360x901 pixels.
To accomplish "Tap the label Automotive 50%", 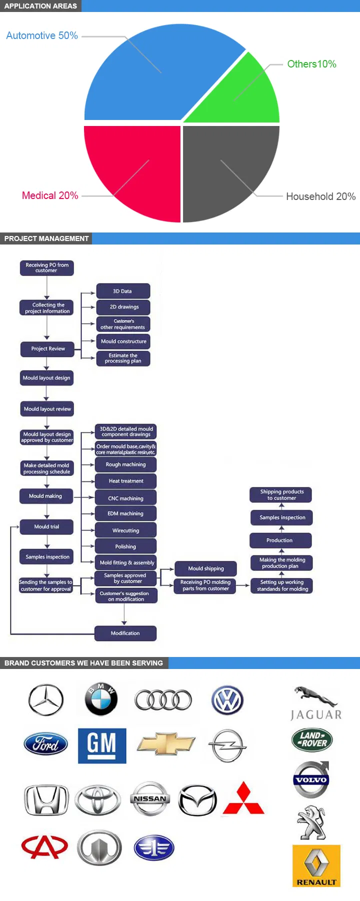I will pyautogui.click(x=42, y=35).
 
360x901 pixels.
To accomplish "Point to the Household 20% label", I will pyautogui.click(x=320, y=196).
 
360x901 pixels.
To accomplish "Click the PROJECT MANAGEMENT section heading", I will pyautogui.click(x=46, y=238).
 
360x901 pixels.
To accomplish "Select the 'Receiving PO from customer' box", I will pyautogui.click(x=47, y=268).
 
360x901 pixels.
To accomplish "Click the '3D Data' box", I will pyautogui.click(x=123, y=291).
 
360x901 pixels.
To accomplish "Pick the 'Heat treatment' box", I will pyautogui.click(x=126, y=481).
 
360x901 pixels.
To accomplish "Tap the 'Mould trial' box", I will pyautogui.click(x=46, y=526).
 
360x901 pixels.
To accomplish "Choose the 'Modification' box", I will pyautogui.click(x=125, y=633).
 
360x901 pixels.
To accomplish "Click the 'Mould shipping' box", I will pyautogui.click(x=206, y=568).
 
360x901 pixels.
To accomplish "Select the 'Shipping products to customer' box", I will pyautogui.click(x=281, y=495).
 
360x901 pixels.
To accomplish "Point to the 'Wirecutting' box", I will pyautogui.click(x=126, y=530).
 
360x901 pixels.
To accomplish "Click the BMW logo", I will pyautogui.click(x=101, y=699).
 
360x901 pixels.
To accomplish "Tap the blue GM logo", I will pyautogui.click(x=102, y=745).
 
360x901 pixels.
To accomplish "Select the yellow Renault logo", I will pyautogui.click(x=316, y=866).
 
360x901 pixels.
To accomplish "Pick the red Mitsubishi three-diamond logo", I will pyautogui.click(x=243, y=798).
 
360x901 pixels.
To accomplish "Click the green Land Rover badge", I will pyautogui.click(x=312, y=739).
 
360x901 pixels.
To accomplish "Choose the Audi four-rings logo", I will pyautogui.click(x=163, y=700).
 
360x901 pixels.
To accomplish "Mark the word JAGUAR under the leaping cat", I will pyautogui.click(x=316, y=715).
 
